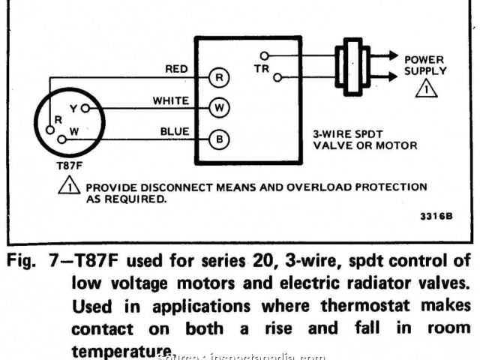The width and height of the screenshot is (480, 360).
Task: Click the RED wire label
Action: coord(176,69)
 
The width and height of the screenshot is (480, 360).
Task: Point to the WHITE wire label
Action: coord(170,100)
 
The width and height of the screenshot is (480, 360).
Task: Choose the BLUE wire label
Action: coord(174,131)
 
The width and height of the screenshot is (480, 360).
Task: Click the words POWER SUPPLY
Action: coord(425,65)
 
